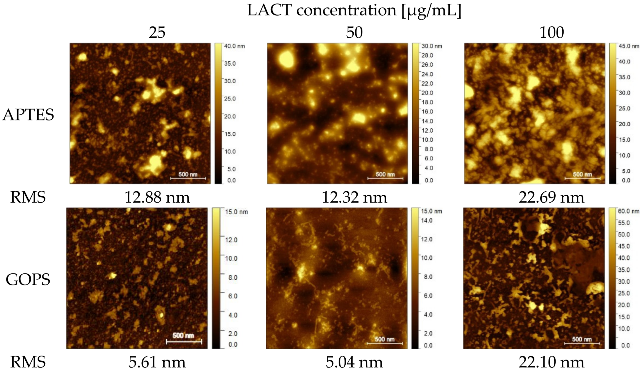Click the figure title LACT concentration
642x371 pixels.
point(354,10)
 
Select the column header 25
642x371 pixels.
point(157,32)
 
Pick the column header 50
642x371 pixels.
point(354,32)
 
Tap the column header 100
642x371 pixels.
point(551,32)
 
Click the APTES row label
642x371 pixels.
point(28,115)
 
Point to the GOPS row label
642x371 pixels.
point(28,279)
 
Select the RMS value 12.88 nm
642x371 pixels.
point(157,197)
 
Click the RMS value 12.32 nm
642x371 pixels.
point(354,197)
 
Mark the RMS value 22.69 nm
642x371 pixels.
point(551,197)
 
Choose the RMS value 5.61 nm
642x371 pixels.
point(157,362)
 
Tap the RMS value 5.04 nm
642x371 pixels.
point(354,362)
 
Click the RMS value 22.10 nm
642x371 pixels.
point(551,362)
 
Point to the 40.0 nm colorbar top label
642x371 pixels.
point(234,46)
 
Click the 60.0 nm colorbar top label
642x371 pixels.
point(628,211)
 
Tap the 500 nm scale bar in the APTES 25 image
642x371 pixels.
point(188,176)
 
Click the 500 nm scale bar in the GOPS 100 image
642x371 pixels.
point(582,341)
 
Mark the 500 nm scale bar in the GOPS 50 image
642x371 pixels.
point(384,341)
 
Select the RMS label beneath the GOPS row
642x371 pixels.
point(28,362)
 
